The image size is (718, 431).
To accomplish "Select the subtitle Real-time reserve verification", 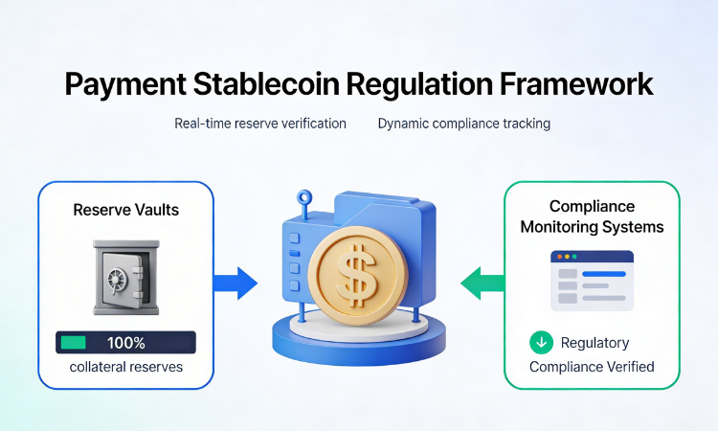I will click(x=260, y=124).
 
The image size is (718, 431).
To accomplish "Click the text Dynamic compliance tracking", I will click(x=464, y=124).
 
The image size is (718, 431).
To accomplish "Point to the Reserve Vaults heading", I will click(x=125, y=209).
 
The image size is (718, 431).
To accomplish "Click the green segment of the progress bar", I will click(x=73, y=342).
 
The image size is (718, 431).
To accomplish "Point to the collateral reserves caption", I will click(x=125, y=367).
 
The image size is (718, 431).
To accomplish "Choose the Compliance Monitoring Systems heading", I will click(x=592, y=217).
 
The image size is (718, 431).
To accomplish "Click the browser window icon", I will click(x=592, y=281).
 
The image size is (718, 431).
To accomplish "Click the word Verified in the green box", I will click(x=629, y=366).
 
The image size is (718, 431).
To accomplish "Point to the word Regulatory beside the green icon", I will click(x=595, y=342).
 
